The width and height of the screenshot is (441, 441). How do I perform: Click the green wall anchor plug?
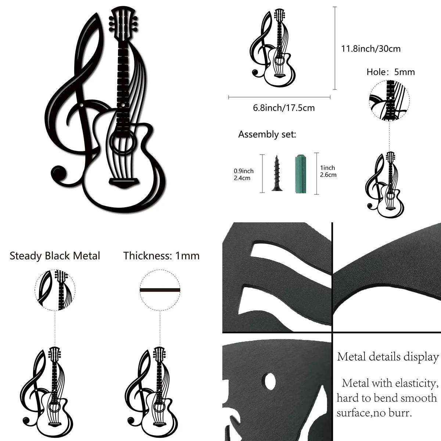point(301,174)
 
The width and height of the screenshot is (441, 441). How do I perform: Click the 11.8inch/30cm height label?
point(371,49)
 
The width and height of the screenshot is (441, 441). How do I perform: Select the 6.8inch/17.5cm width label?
point(284,108)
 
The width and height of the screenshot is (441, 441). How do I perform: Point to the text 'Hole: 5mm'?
point(391,72)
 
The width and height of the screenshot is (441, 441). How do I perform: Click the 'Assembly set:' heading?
point(267,135)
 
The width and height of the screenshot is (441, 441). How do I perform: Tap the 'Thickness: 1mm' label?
point(161,256)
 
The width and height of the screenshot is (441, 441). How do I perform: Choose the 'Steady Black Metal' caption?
point(55,256)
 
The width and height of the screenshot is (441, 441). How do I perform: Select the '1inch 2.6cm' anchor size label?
point(328,171)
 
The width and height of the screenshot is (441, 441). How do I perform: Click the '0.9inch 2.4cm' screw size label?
point(244,175)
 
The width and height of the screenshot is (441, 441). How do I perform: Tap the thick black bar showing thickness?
point(160,290)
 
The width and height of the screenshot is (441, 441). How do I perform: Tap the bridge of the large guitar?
point(124,183)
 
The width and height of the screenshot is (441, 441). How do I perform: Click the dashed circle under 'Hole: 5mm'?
point(389,100)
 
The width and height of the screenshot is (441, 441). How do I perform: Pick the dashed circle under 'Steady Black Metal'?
point(55,290)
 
